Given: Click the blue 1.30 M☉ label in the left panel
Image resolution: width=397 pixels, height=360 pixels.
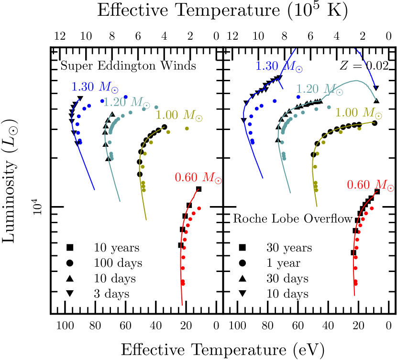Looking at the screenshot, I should point(95,87).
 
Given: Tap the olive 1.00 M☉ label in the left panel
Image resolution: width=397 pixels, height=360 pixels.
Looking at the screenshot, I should point(179,115).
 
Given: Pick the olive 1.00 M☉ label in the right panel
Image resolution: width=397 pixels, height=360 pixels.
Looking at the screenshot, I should point(358,113).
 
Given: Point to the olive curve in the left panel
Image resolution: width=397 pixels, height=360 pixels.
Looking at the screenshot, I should point(142,191).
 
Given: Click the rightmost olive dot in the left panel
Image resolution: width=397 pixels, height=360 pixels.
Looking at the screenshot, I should point(187,128).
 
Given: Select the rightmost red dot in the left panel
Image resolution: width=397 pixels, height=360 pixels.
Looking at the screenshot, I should point(199,208).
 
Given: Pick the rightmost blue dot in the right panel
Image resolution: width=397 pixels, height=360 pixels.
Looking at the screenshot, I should point(298,97).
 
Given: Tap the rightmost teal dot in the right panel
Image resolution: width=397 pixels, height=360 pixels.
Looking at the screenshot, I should point(329,107).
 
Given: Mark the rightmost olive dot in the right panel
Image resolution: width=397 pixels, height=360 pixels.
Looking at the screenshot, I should point(359,128).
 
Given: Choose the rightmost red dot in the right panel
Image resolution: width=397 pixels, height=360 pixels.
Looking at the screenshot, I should point(372,208).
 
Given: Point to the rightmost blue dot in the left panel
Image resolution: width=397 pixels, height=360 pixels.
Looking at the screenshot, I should point(126,97).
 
